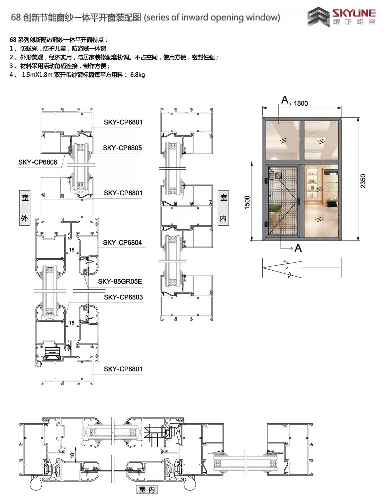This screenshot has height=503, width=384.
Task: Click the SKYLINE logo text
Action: tap(354, 13)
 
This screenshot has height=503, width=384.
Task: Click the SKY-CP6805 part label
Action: tap(122, 148)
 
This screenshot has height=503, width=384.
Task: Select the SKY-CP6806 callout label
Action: tap(38, 162)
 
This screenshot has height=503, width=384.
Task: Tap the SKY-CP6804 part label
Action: tap(122, 242)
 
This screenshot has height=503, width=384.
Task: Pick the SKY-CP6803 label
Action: tap(123, 297)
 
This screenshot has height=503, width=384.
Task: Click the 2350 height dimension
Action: tap(363, 181)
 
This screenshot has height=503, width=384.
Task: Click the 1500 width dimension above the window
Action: tap(301, 103)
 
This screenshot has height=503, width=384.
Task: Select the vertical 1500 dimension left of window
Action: tap(247, 202)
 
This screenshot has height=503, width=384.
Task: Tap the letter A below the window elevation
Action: tap(298, 248)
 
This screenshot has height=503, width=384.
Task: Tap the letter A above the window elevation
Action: tap(284, 100)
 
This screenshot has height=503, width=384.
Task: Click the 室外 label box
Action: tap(25, 207)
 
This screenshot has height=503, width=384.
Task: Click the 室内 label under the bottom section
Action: tap(147, 490)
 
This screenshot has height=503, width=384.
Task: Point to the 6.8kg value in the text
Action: tap(137, 75)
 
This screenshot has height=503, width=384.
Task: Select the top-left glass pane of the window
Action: tap(283, 140)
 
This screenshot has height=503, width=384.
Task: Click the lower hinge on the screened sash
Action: tap(266, 224)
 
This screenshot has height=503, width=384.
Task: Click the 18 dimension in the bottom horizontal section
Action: tap(72, 455)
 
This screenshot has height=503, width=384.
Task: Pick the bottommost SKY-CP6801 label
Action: tap(123, 369)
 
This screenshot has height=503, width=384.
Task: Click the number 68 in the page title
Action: tap(16, 17)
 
